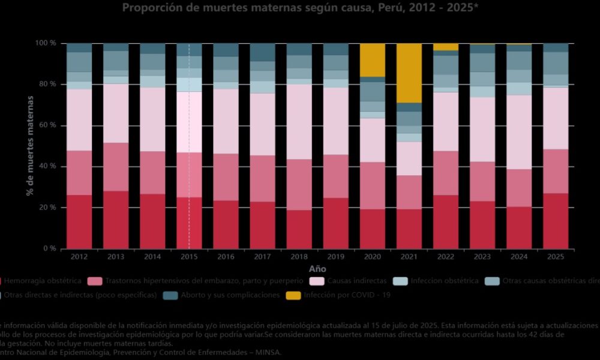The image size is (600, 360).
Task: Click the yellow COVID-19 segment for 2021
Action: (x=409, y=73)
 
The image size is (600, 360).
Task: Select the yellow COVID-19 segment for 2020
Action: (x=372, y=60)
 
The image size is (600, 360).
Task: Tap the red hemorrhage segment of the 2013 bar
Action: (x=116, y=220)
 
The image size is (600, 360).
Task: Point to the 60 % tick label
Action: (x=48, y=125)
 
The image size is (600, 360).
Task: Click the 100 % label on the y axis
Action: (x=46, y=44)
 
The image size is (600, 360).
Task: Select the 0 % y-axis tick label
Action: (x=50, y=248)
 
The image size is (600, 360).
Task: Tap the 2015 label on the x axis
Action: (x=189, y=257)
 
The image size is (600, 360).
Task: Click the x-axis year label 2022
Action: (x=445, y=257)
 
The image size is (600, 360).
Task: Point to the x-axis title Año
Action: (x=317, y=269)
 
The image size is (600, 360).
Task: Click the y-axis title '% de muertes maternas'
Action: (x=29, y=146)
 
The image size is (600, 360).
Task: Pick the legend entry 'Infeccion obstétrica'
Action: (x=445, y=281)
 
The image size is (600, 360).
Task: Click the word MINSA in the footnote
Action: (x=268, y=353)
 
